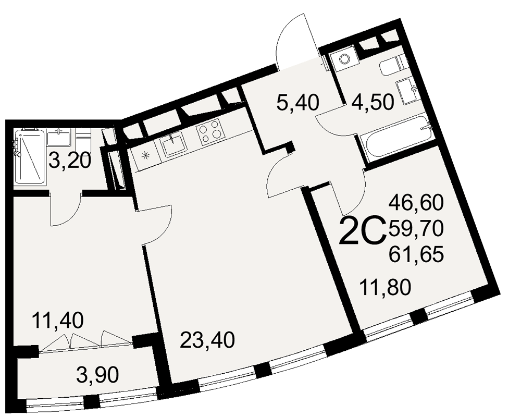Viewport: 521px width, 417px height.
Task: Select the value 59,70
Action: (416, 227)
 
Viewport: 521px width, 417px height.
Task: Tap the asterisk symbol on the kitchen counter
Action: (146, 155)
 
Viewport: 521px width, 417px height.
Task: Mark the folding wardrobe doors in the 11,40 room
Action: (86, 339)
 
